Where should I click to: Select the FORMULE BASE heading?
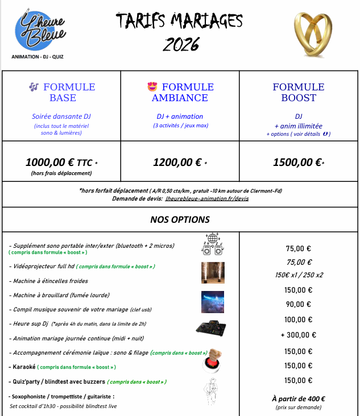click(63, 92)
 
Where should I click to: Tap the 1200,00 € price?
click(177, 162)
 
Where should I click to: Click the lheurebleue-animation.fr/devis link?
click(214, 198)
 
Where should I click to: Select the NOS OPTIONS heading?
click(180, 219)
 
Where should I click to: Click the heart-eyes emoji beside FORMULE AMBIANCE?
click(152, 87)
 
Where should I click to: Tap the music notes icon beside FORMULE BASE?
click(34, 87)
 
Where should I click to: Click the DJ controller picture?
click(212, 328)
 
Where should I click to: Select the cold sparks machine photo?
click(212, 272)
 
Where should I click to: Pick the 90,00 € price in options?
click(299, 304)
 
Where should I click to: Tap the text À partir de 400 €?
click(299, 398)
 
